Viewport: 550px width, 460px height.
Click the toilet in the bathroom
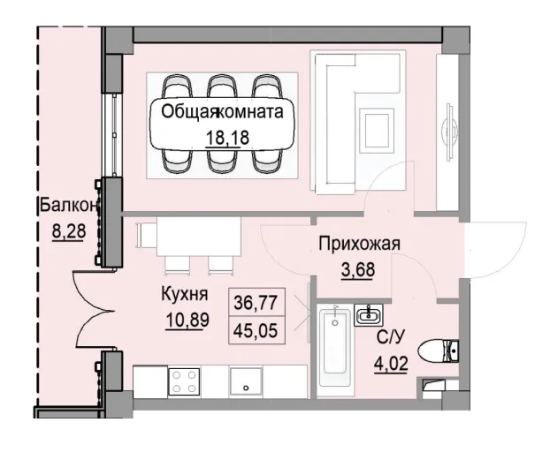click(x=439, y=352)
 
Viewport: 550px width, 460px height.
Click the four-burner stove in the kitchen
click(x=184, y=381)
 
